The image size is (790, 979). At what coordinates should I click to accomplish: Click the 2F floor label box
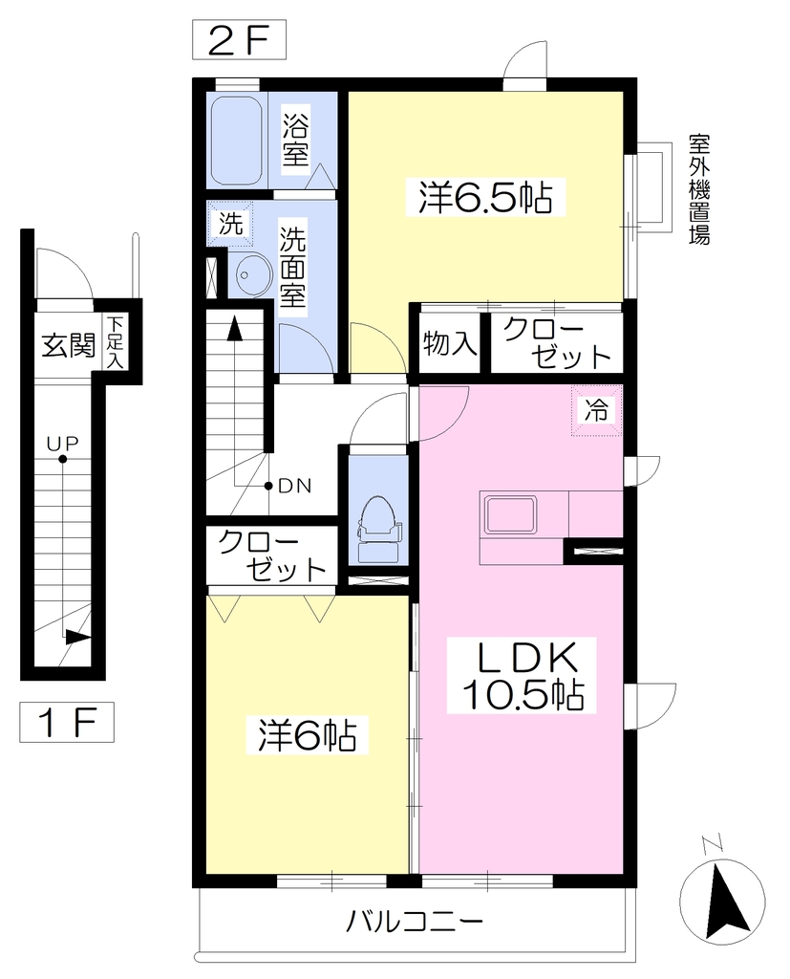pyautogui.click(x=239, y=39)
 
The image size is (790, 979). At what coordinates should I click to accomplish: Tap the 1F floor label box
pyautogui.click(x=67, y=723)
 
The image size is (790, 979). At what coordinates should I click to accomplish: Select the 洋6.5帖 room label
pyautogui.click(x=485, y=197)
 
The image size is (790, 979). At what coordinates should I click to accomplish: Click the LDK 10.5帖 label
pyautogui.click(x=523, y=676)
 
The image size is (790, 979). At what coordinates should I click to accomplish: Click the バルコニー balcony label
pyautogui.click(x=415, y=921)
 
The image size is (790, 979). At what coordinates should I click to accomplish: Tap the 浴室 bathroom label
pyautogui.click(x=295, y=140)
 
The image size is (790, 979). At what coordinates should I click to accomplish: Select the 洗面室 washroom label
pyautogui.click(x=292, y=267)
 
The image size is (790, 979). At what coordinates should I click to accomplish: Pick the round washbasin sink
pyautogui.click(x=253, y=274)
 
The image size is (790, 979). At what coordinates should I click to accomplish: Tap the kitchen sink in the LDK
pyautogui.click(x=511, y=515)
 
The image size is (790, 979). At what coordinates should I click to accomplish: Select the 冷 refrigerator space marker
pyautogui.click(x=596, y=409)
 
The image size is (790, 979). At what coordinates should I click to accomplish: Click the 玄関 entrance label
pyautogui.click(x=68, y=344)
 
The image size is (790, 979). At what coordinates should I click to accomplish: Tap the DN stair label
pyautogui.click(x=294, y=486)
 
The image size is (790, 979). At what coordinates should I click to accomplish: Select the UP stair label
pyautogui.click(x=63, y=444)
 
